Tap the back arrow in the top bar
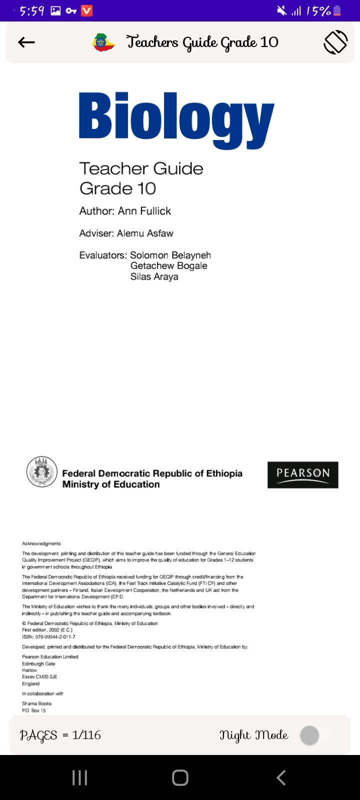[x=26, y=42]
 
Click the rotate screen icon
[x=335, y=42]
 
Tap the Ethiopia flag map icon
[x=104, y=42]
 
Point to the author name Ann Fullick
[x=144, y=211]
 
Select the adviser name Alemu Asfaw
[x=145, y=233]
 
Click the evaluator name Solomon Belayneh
[x=170, y=255]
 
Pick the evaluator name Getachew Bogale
[x=169, y=266]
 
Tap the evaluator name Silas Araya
[x=154, y=277]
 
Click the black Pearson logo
[x=303, y=474]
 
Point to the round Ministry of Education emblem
[x=42, y=472]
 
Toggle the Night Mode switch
[x=314, y=735]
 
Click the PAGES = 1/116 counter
[x=60, y=735]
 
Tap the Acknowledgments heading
[x=41, y=543]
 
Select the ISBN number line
[x=48, y=637]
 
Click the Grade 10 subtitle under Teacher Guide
[x=118, y=188]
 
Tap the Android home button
[x=180, y=777]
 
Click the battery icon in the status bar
[x=337, y=10]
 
